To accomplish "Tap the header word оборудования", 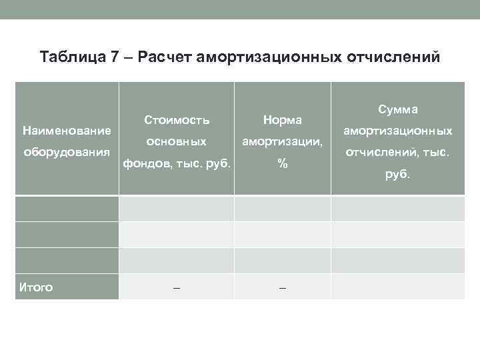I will pos(67,151).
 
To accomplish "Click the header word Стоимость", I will pos(177,120).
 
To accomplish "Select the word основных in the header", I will pos(177,141).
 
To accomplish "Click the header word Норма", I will pos(283,120).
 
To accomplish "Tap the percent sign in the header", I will pos(283,163).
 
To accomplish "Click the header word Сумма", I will pos(398,109).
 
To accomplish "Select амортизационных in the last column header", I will pos(398,131).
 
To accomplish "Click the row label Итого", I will pos(36,287).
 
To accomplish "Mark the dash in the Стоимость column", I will pos(176,287).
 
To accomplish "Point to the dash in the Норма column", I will pos(283,287).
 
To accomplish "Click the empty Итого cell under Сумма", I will pos(398,287).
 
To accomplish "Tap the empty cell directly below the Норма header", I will pos(283,208).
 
